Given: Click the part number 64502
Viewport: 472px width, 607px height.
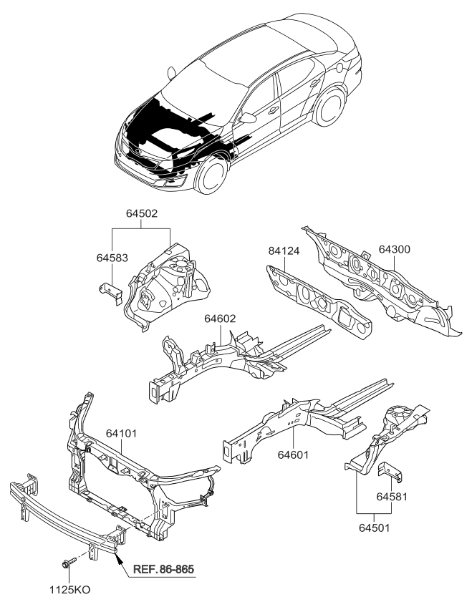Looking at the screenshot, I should point(140,214).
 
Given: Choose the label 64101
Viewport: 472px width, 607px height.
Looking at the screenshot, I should point(122,434).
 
